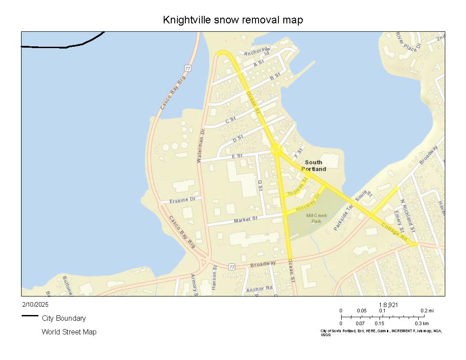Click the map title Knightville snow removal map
233,20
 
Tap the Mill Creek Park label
316,218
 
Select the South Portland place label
314,165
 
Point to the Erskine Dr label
182,201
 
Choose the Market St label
245,219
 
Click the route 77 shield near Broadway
232,267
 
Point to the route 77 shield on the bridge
188,68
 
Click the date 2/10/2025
35,304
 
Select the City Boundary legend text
64,318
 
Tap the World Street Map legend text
69,332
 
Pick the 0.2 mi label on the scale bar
427,311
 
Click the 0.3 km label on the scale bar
421,323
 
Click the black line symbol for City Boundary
30,316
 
